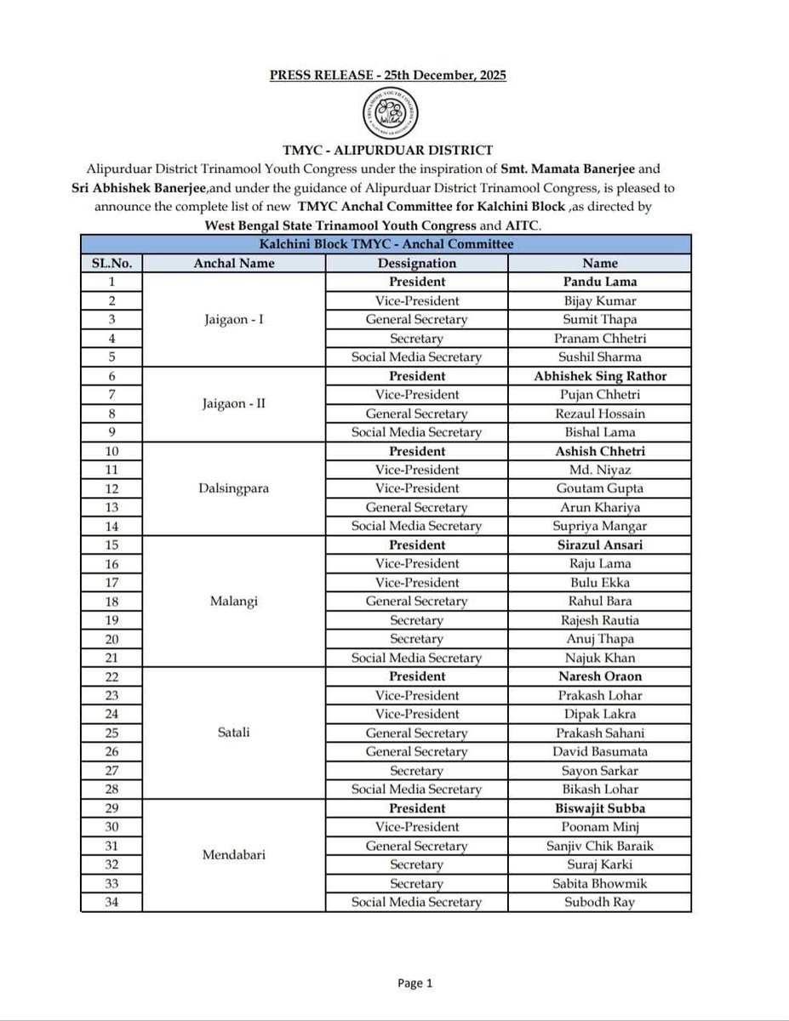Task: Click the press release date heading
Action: click(388, 75)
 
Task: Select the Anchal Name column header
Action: click(234, 263)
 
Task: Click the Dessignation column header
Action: click(417, 263)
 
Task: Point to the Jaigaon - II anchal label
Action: click(234, 404)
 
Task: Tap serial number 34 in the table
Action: click(111, 902)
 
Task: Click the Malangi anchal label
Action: click(234, 602)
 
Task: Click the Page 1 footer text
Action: click(415, 984)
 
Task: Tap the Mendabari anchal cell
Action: click(234, 855)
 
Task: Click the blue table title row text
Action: click(386, 244)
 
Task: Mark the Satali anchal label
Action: click(234, 733)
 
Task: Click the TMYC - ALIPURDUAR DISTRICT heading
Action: click(387, 151)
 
